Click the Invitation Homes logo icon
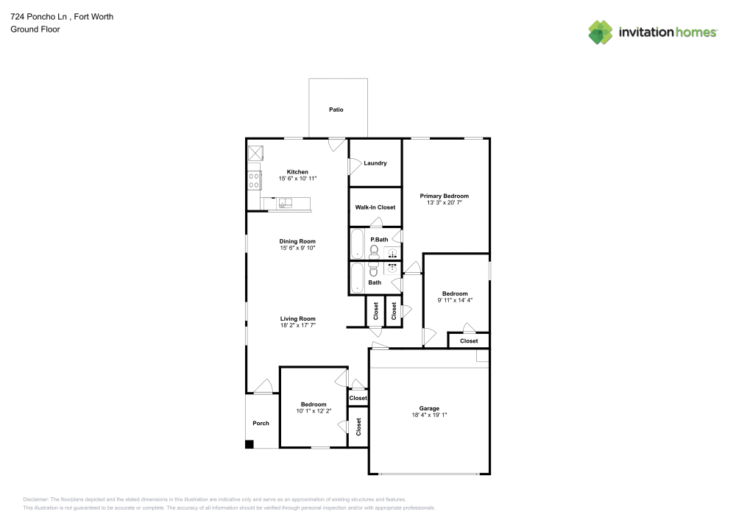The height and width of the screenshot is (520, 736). pyautogui.click(x=601, y=32)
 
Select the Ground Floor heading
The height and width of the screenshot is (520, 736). pyautogui.click(x=35, y=29)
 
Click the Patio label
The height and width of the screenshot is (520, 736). pyautogui.click(x=336, y=110)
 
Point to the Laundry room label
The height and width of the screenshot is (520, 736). pyautogui.click(x=375, y=163)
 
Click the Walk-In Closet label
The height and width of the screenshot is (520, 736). pyautogui.click(x=375, y=207)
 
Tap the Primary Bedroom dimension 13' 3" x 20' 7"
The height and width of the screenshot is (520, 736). pyautogui.click(x=444, y=203)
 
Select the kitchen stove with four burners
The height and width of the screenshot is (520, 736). pyautogui.click(x=254, y=179)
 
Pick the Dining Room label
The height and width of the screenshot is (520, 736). pyautogui.click(x=297, y=241)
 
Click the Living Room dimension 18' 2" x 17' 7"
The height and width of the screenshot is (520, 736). pyautogui.click(x=297, y=325)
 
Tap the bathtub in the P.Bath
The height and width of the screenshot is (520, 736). pyautogui.click(x=357, y=243)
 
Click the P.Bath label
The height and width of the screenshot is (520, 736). pyautogui.click(x=379, y=240)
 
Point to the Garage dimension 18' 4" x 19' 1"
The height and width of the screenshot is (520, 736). pyautogui.click(x=429, y=415)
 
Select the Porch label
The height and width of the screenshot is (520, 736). pyautogui.click(x=261, y=423)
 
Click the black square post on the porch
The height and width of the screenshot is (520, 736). pyautogui.click(x=250, y=444)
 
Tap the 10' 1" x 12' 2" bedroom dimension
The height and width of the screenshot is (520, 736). pyautogui.click(x=314, y=410)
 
